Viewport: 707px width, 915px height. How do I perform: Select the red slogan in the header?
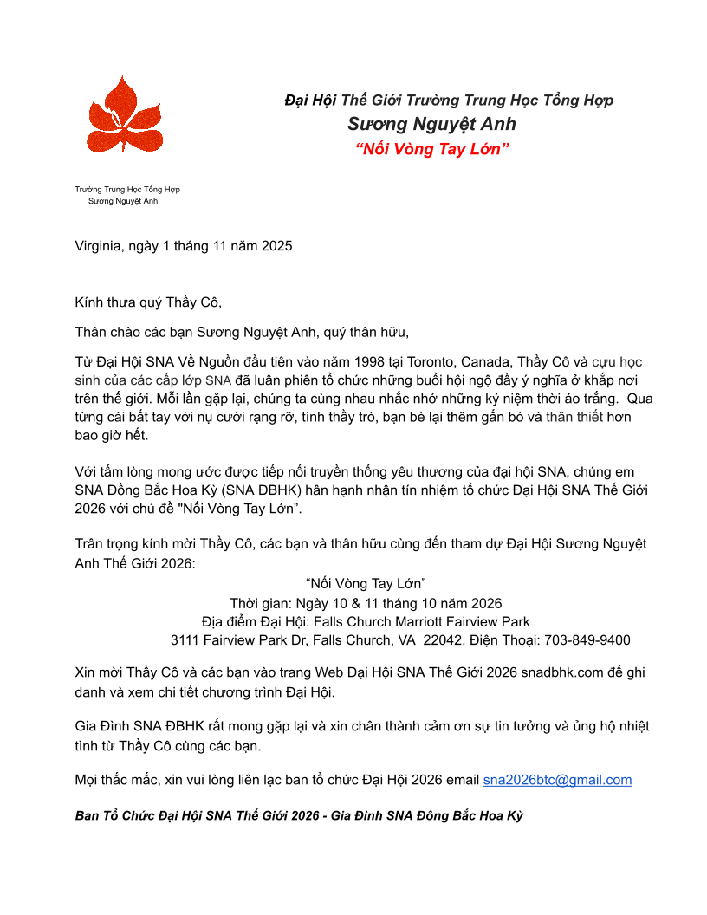coord(432,148)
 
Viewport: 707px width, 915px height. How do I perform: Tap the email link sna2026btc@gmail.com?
coord(557,780)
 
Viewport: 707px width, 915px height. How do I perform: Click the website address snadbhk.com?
coord(564,672)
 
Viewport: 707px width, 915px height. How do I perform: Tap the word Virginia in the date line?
coord(100,246)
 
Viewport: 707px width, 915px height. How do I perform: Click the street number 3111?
coord(185,640)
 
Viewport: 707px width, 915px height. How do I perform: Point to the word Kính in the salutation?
coord(89,302)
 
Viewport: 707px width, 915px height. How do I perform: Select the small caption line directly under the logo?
coord(127,189)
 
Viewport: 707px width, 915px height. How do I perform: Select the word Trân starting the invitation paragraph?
coord(90,544)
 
